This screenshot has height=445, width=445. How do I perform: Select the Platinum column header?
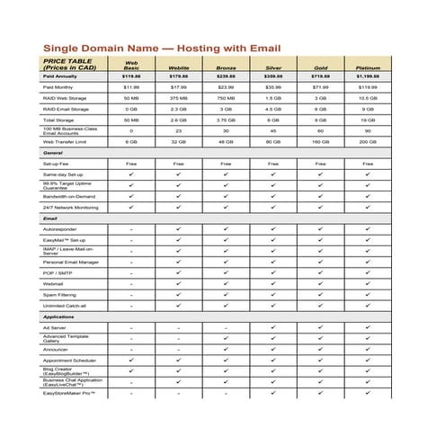click(x=368, y=67)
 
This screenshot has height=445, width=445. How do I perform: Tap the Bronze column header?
click(x=226, y=67)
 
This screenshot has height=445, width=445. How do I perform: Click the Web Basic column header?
click(x=131, y=65)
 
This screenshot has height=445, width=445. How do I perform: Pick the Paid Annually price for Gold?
click(x=321, y=77)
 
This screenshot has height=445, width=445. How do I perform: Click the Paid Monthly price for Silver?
click(x=273, y=87)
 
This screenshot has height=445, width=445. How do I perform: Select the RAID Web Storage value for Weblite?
click(x=179, y=98)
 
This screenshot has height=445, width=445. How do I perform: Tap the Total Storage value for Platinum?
click(x=368, y=120)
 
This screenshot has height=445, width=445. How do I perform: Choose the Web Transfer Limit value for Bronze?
click(x=226, y=141)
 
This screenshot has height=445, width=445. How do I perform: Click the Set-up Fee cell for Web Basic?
click(x=131, y=164)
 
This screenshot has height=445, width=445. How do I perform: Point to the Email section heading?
click(x=50, y=218)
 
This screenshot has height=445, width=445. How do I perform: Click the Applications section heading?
click(x=58, y=316)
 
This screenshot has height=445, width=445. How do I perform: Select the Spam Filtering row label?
click(x=60, y=295)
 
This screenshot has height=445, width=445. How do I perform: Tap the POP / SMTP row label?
click(x=58, y=272)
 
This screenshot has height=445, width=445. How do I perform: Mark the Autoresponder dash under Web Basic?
click(x=131, y=229)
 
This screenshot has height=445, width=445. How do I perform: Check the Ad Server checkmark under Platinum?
click(x=368, y=327)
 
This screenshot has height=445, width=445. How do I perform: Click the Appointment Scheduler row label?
click(x=70, y=360)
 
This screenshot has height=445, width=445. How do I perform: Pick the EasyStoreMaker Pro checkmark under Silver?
click(x=273, y=393)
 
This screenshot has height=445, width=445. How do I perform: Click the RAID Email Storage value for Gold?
click(x=321, y=109)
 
